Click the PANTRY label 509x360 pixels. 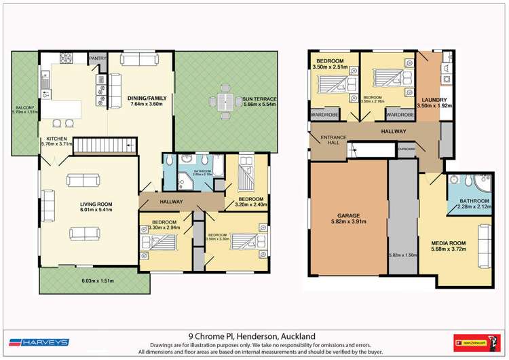97,58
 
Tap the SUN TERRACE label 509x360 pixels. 259,99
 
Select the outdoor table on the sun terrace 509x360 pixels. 225,100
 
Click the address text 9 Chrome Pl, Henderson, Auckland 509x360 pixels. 253,335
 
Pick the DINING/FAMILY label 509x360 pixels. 147,98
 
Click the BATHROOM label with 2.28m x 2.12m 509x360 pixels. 474,201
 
